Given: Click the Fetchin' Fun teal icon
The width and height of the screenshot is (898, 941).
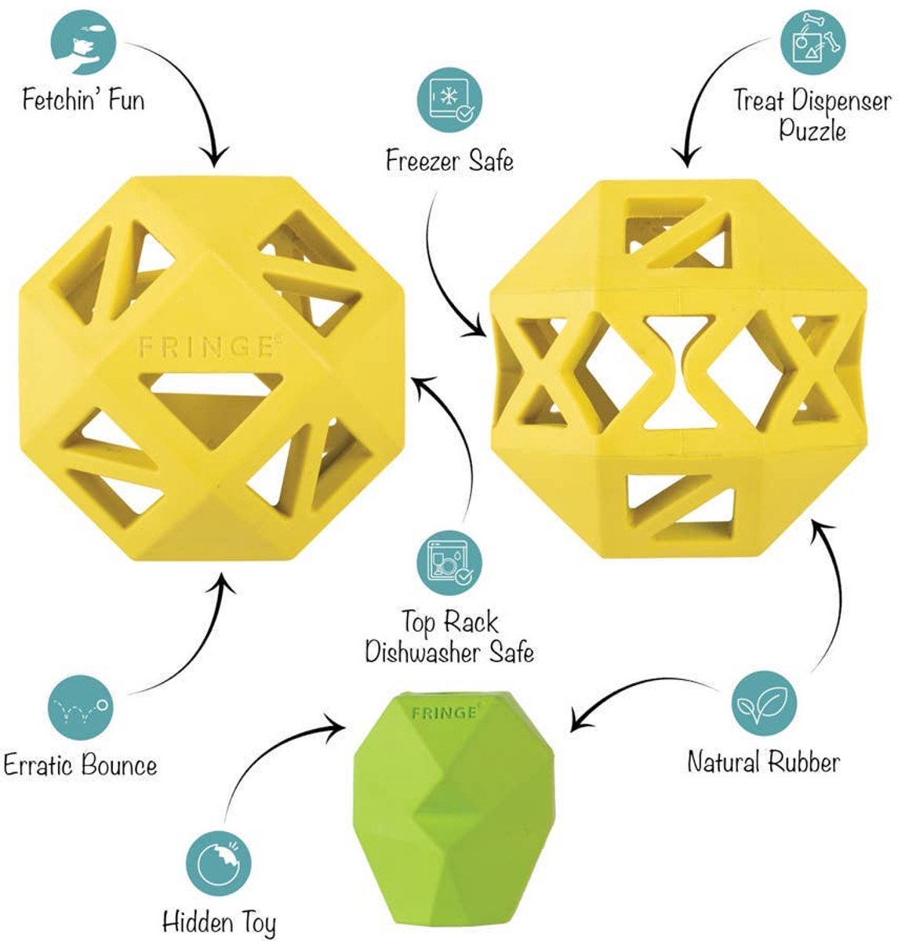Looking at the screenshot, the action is tap(84, 42).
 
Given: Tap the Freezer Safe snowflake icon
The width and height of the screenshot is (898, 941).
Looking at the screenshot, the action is tap(449, 100).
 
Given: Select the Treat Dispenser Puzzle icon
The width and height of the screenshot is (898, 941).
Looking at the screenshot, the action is tap(813, 42).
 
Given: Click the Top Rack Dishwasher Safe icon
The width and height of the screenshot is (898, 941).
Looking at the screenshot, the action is tap(449, 563).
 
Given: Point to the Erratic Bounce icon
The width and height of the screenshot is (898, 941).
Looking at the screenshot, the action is tap(81, 707).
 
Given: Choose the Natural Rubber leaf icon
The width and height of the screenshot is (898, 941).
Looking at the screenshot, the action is tap(764, 703).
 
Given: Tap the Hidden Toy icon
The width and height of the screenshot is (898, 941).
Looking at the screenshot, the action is tap(219, 863).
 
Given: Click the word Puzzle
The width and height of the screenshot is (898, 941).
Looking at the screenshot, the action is tap(813, 129).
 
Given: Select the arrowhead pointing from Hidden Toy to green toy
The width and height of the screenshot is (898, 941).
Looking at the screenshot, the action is tap(336, 728).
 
